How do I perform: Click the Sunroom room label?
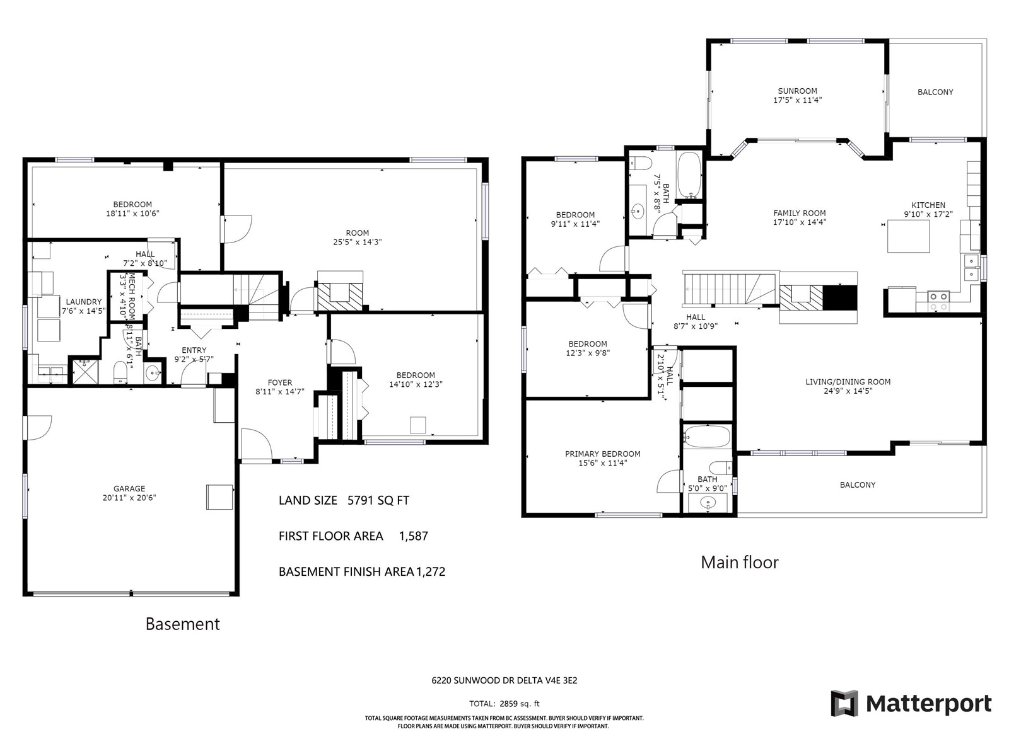point(797,91)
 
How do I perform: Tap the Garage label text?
point(129,488)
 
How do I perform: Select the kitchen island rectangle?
point(908,236)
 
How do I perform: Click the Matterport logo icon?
point(844,702)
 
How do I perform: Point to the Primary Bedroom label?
point(602,454)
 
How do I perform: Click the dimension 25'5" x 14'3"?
point(357,242)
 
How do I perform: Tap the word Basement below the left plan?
point(182,624)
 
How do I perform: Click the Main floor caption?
point(739,563)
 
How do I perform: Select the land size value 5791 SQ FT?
point(378,500)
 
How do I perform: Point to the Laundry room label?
point(84,302)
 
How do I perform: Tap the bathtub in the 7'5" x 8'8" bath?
point(689,175)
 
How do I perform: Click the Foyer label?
point(279,382)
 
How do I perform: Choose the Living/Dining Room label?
point(848,381)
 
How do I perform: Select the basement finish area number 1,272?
point(430,571)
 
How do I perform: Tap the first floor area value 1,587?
point(413,536)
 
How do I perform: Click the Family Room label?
point(800,213)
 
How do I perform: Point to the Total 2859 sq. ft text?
point(504,704)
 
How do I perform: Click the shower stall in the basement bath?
point(86,371)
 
